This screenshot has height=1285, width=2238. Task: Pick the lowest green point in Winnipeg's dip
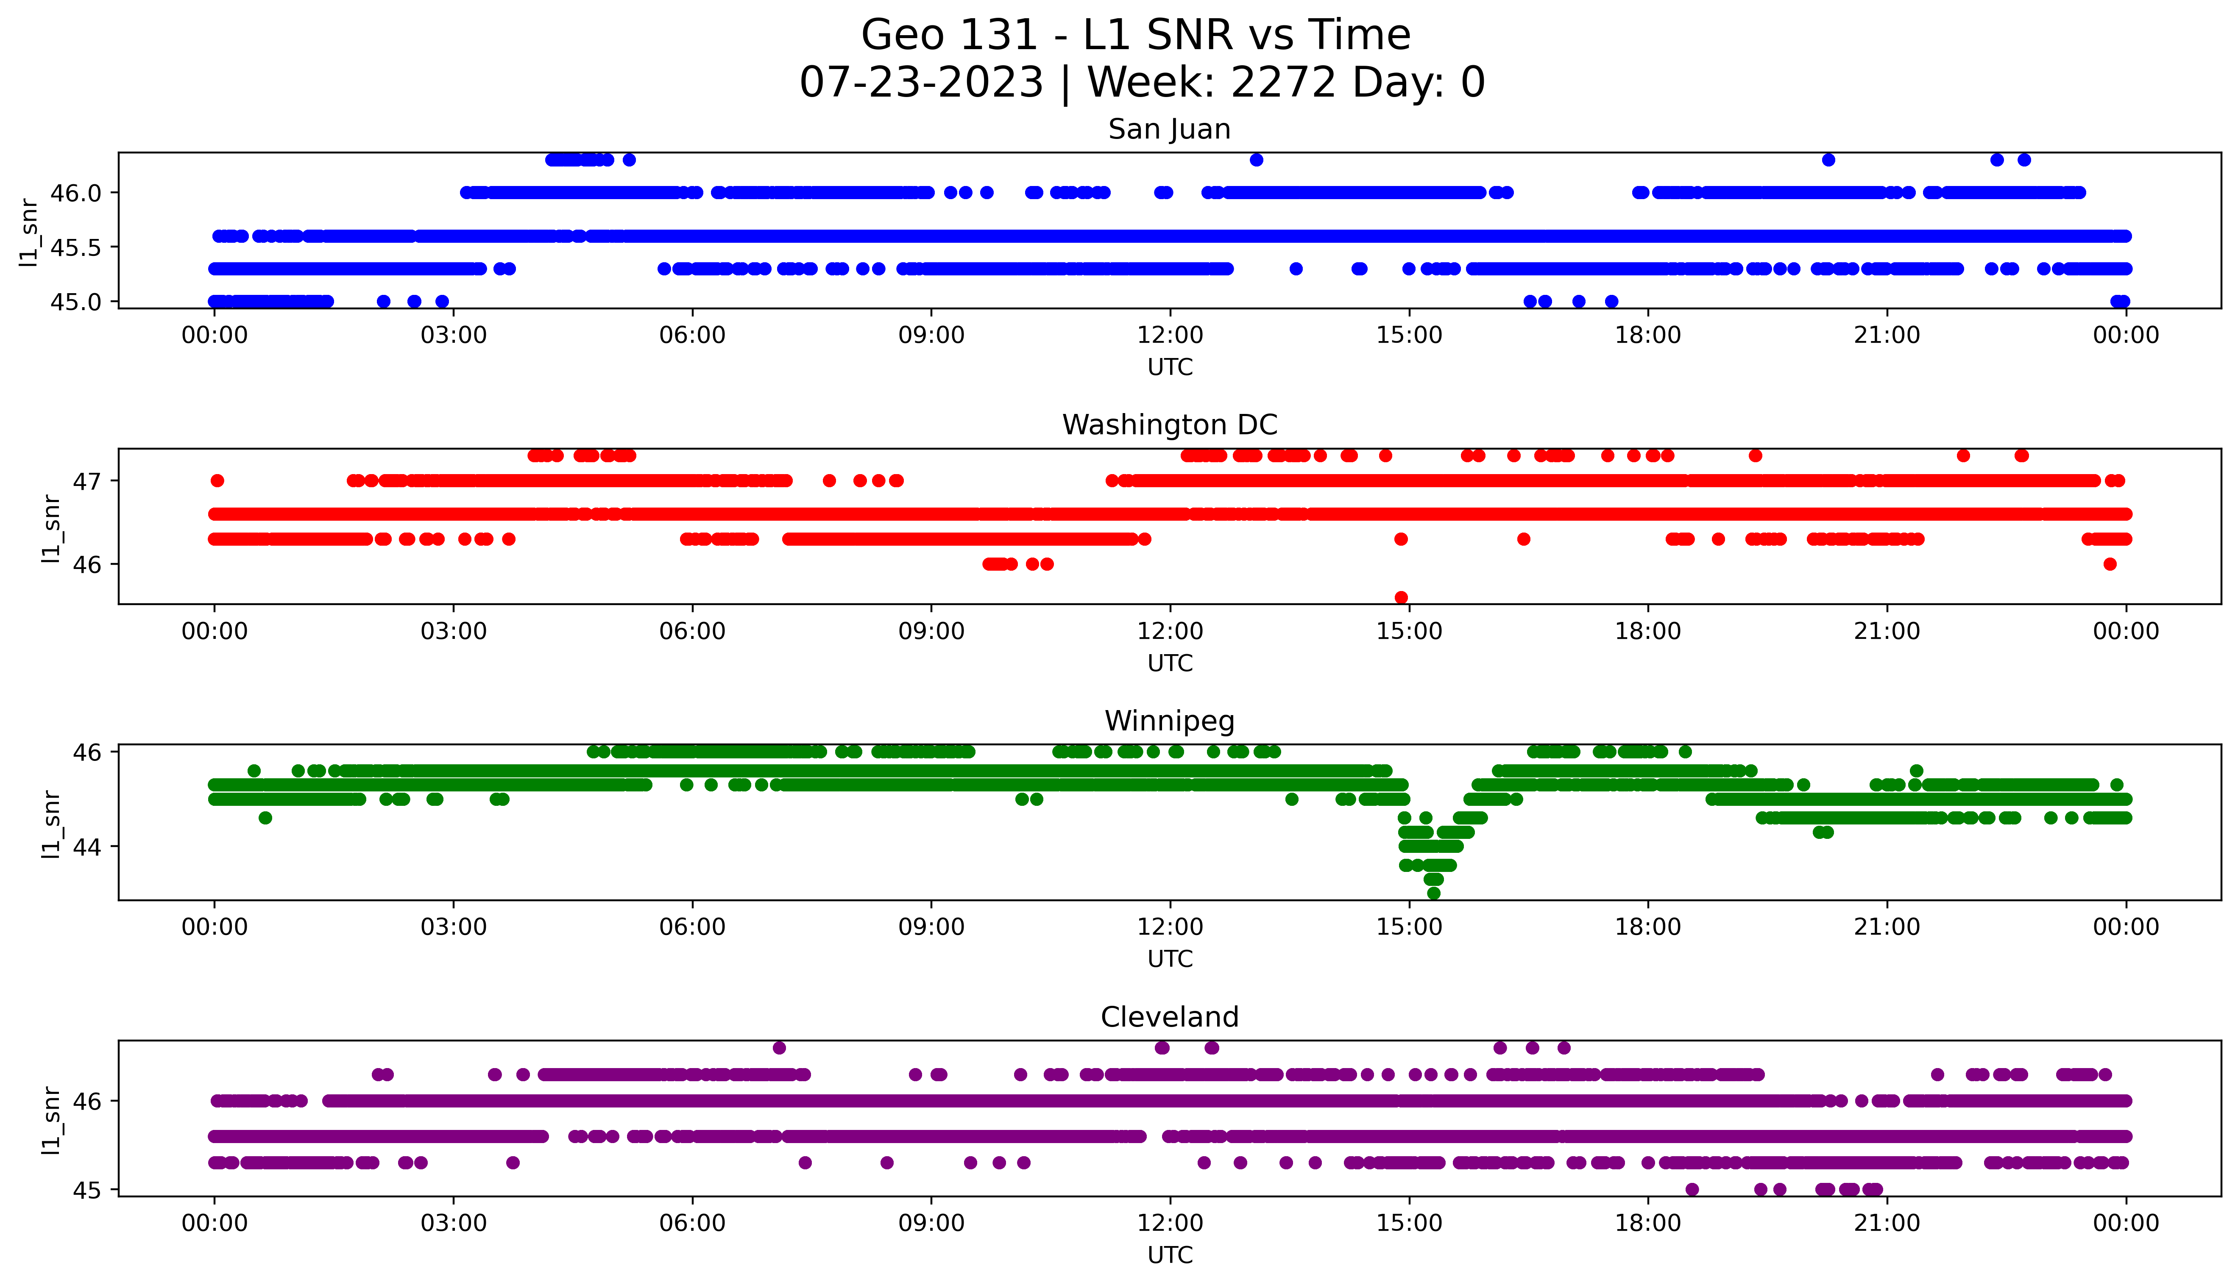1434,893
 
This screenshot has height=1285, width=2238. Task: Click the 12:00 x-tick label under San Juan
1170,336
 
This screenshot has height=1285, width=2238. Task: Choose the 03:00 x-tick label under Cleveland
454,1223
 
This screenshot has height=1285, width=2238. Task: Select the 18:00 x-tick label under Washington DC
1647,631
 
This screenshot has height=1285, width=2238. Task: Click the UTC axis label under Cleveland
1170,1254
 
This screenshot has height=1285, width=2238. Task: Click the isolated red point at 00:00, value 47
217,481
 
